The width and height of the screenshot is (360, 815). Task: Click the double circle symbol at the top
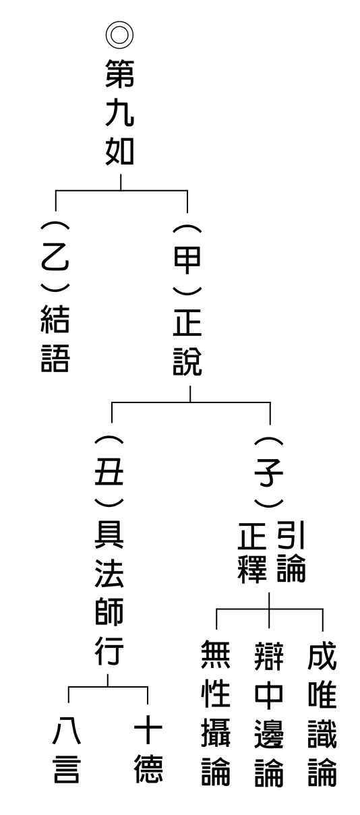(119, 34)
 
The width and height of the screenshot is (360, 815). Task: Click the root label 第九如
(120, 112)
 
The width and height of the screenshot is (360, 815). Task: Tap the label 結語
(55, 338)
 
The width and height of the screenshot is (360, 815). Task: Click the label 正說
(187, 342)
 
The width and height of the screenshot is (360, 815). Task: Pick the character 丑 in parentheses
(109, 471)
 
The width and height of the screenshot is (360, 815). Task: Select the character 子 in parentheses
(268, 472)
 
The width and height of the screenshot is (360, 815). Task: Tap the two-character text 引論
(291, 551)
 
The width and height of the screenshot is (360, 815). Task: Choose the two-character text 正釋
(252, 551)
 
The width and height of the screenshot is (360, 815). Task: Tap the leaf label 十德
(148, 750)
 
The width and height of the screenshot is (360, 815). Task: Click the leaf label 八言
(67, 750)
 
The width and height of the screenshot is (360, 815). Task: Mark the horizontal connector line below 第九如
(121, 190)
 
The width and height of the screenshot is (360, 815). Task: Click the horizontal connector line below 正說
(191, 402)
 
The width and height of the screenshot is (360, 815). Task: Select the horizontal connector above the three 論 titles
(270, 608)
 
